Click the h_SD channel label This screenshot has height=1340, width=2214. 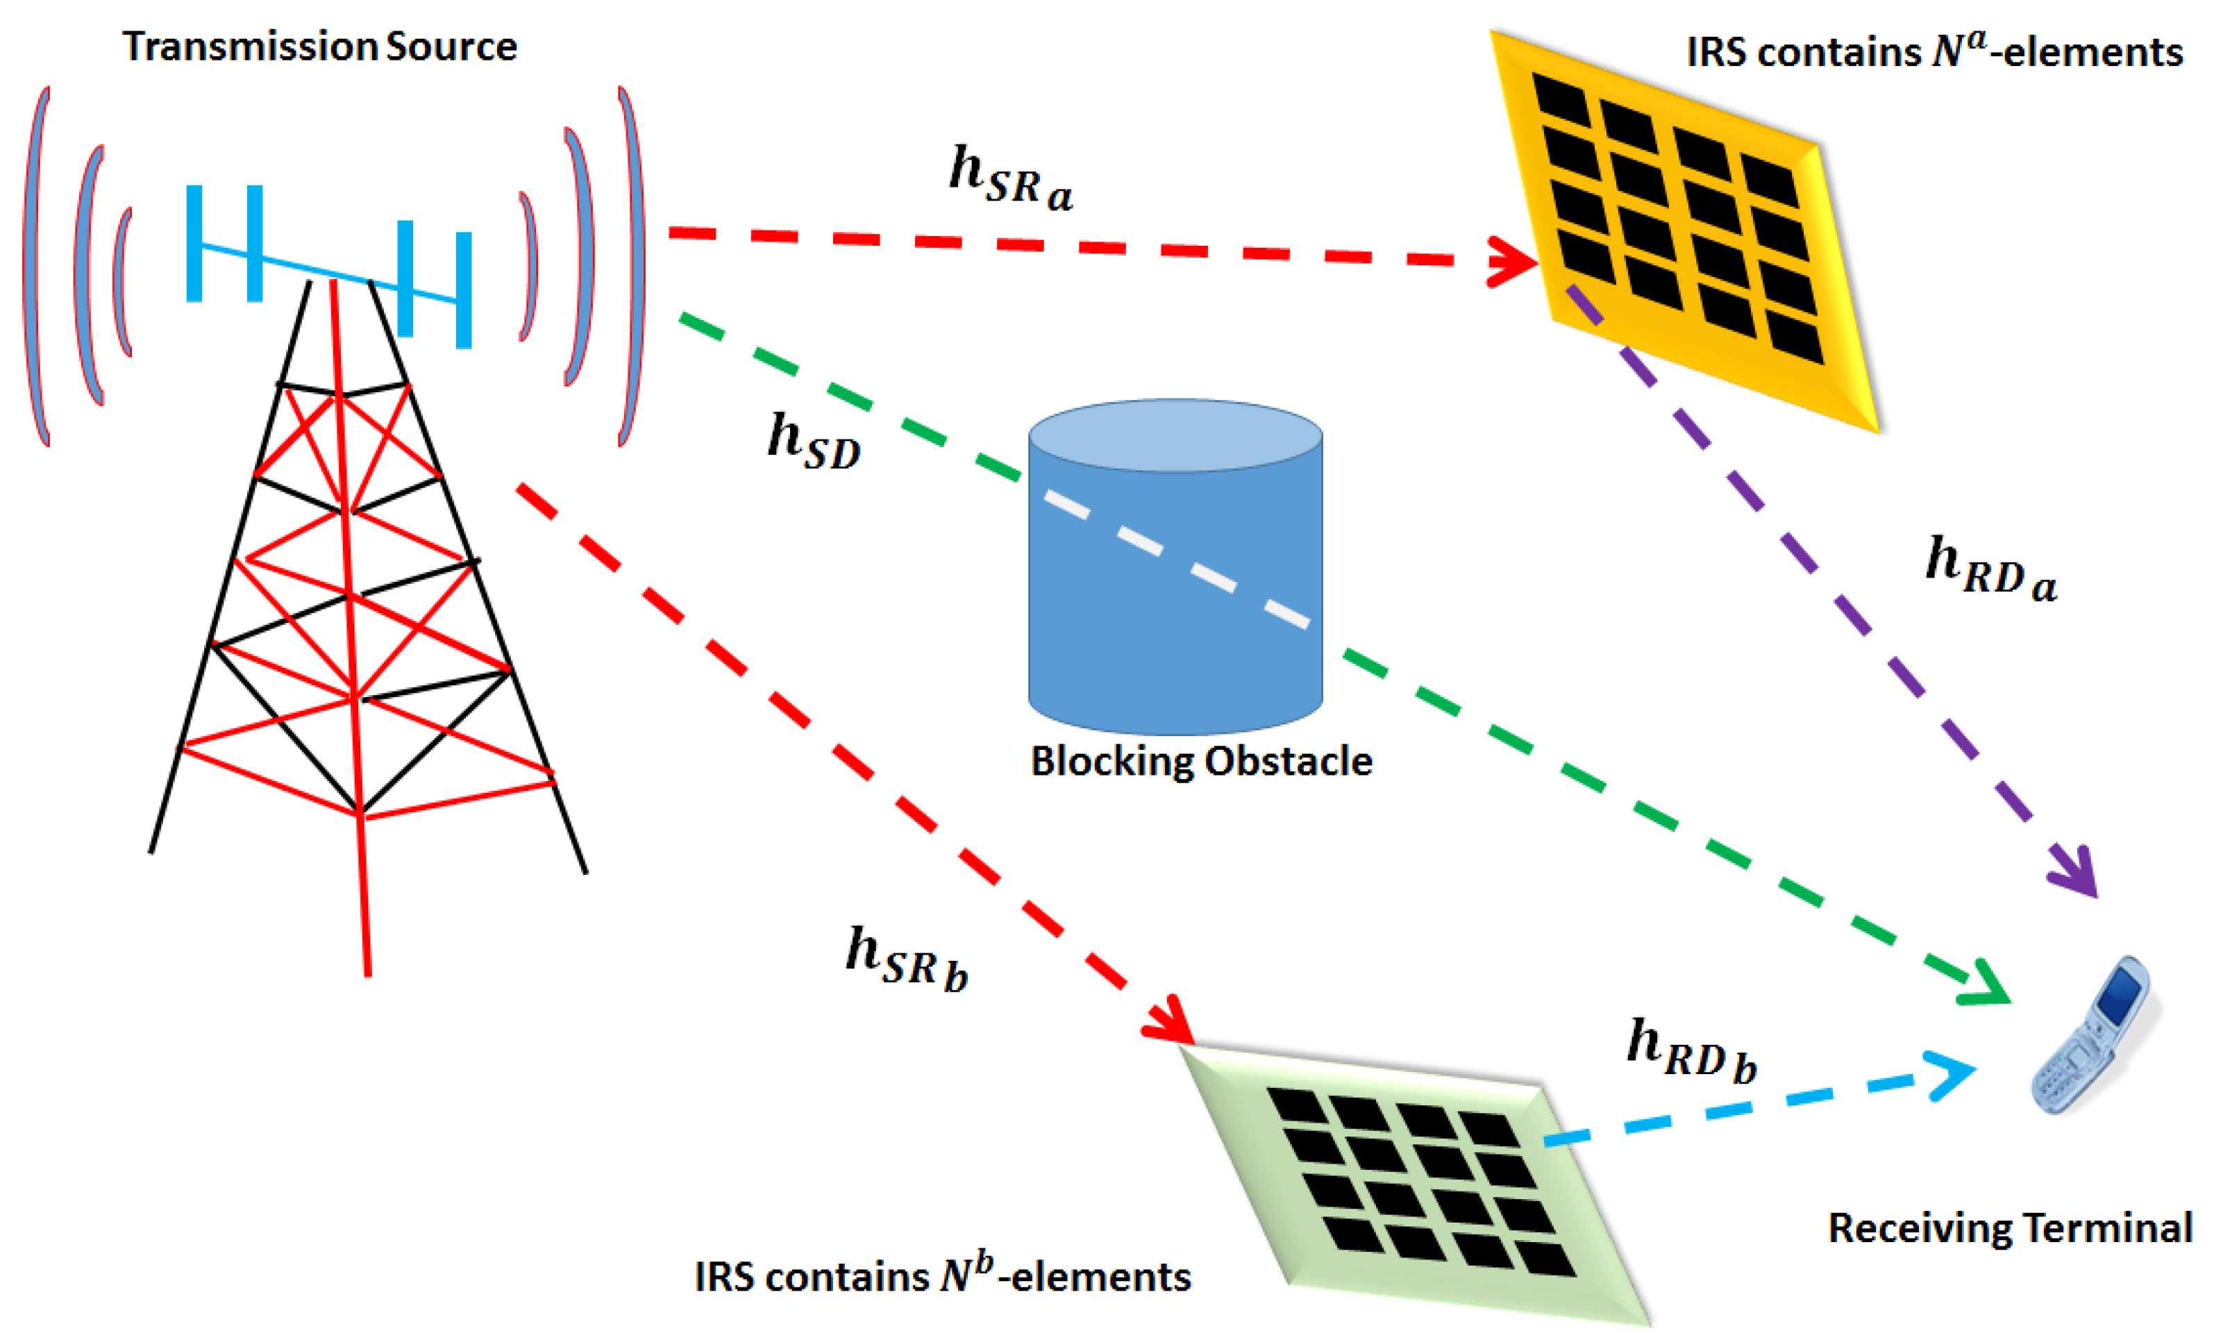pyautogui.click(x=813, y=440)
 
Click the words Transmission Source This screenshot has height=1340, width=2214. pyautogui.click(x=320, y=47)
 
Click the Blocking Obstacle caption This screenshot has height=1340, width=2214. pyautogui.click(x=1201, y=761)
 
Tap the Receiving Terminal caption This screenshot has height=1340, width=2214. pyautogui.click(x=2010, y=1228)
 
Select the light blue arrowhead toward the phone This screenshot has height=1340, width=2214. pyautogui.click(x=1949, y=1075)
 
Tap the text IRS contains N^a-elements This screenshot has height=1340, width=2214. pyautogui.click(x=1934, y=51)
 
